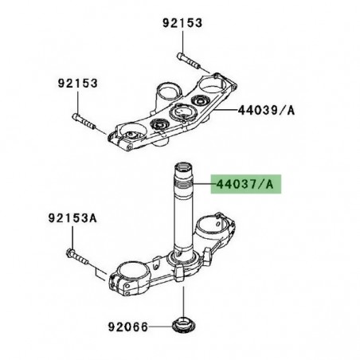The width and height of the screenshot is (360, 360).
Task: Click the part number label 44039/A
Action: click(266, 111)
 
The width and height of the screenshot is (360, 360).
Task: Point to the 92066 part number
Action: click(129, 326)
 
